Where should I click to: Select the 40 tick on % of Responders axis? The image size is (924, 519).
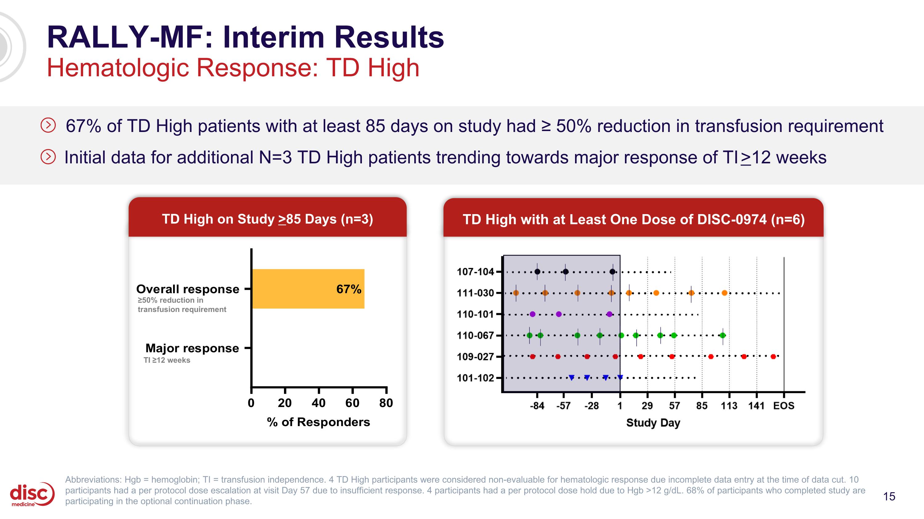318,403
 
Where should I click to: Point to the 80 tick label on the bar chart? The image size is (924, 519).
386,403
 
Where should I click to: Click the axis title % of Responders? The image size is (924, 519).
318,422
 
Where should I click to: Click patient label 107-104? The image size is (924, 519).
475,272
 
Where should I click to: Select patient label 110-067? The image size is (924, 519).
475,336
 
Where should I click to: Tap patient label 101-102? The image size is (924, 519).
475,378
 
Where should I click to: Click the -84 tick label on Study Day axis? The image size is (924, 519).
537,406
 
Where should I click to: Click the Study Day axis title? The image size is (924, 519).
653,423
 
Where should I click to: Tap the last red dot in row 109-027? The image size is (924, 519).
773,356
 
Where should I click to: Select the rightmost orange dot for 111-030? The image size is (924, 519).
724,293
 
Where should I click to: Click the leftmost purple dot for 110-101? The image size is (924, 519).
532,314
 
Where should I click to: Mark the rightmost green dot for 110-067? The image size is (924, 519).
723,335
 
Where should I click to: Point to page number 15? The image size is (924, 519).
889,497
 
